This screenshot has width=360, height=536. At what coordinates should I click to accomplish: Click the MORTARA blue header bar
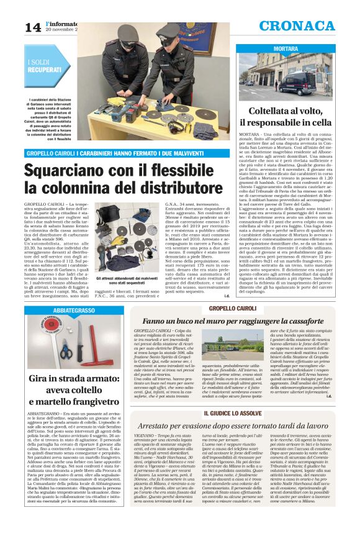285,48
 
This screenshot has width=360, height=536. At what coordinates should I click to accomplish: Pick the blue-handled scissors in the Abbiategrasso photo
66,351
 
